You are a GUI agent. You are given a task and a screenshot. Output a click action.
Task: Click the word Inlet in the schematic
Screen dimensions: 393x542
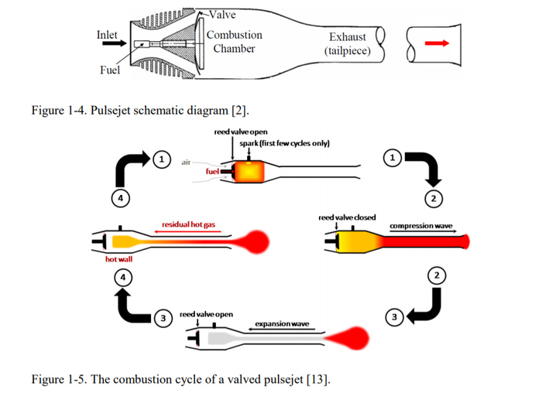(107, 35)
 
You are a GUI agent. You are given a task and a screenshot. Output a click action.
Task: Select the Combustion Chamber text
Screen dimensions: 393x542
(234, 42)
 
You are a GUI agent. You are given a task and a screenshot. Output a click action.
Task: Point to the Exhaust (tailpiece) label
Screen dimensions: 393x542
(348, 43)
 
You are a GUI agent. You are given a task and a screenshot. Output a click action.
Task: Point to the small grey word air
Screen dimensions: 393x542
(186, 162)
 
